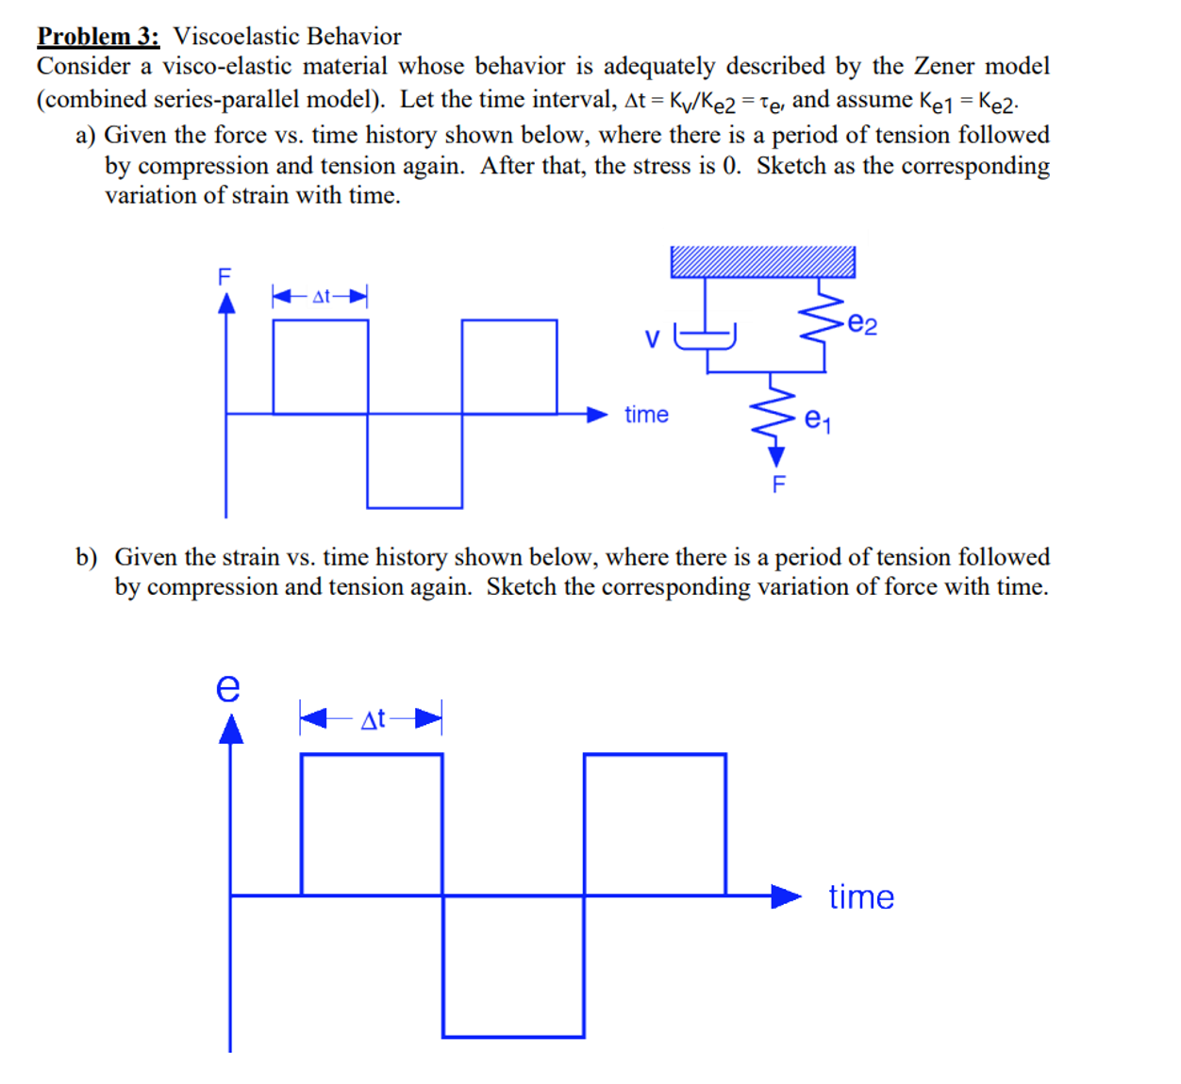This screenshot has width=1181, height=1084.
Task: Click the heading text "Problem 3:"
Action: click(98, 37)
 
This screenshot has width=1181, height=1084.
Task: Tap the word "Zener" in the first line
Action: click(946, 66)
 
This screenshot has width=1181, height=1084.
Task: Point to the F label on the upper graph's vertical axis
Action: click(225, 276)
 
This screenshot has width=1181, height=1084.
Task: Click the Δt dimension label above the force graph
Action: click(321, 297)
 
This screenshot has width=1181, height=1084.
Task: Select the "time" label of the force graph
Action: click(646, 415)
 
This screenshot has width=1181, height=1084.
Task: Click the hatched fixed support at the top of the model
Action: click(762, 262)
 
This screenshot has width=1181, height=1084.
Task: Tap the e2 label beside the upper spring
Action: click(862, 325)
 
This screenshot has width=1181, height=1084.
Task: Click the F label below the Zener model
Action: click(778, 485)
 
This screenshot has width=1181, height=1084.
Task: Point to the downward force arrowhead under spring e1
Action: click(776, 457)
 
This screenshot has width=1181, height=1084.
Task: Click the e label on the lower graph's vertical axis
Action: click(228, 687)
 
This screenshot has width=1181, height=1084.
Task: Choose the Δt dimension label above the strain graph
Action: click(373, 720)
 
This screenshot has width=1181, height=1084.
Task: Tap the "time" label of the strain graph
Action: click(861, 896)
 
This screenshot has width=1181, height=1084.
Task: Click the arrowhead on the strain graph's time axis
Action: click(786, 896)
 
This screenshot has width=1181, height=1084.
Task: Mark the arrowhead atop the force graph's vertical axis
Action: click(226, 304)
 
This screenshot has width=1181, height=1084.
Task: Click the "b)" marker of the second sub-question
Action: click(87, 557)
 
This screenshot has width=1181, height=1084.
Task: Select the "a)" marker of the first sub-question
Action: click(86, 136)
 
